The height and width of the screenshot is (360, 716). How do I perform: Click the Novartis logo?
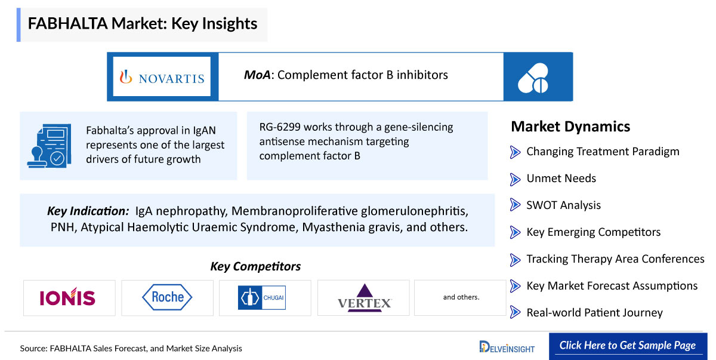tap(162, 77)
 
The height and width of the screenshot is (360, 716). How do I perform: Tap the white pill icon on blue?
tap(533, 78)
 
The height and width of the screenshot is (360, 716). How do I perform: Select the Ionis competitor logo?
tap(67, 296)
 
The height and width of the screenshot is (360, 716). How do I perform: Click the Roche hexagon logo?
tap(167, 297)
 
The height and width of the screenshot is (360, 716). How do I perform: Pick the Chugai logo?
tap(262, 298)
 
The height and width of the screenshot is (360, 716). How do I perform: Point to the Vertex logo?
tap(365, 298)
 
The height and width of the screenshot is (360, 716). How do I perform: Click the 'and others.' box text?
tap(461, 297)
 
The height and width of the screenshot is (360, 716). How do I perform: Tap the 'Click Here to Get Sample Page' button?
tap(628, 346)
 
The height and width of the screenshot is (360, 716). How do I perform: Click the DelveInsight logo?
tap(507, 347)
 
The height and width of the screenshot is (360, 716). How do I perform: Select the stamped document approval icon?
tap(50, 146)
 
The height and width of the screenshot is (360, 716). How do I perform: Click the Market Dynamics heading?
tap(570, 127)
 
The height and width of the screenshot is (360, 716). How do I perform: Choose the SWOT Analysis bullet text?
tap(563, 205)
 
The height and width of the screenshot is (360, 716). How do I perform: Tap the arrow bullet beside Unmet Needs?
tap(515, 179)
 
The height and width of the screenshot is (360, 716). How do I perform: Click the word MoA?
tap(257, 75)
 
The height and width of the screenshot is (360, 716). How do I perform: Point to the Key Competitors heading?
tap(255, 266)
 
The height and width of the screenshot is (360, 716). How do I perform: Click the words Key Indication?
tap(88, 211)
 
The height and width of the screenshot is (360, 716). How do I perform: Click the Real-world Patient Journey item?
tap(594, 313)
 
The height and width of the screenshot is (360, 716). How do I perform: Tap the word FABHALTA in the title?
tap(68, 23)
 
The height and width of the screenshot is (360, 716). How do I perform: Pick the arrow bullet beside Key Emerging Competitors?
tap(515, 232)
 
